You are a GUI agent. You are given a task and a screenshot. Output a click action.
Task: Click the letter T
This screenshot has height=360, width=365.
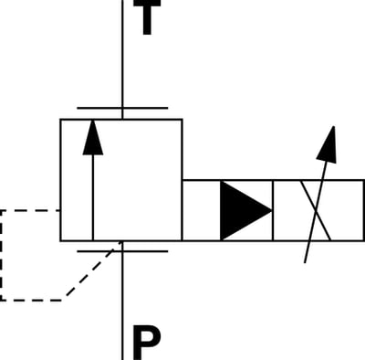pyautogui.click(x=147, y=16)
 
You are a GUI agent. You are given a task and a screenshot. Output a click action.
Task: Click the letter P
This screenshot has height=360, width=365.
pyautogui.click(x=147, y=343)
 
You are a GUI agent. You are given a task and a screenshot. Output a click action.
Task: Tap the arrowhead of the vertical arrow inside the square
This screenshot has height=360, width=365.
pyautogui.click(x=93, y=137)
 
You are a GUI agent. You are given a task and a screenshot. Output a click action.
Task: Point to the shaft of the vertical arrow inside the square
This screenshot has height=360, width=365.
pyautogui.click(x=93, y=197)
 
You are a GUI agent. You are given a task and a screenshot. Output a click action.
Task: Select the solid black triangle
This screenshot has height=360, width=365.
pyautogui.click(x=245, y=211)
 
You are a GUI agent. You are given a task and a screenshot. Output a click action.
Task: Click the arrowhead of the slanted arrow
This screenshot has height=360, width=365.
pyautogui.click(x=328, y=144)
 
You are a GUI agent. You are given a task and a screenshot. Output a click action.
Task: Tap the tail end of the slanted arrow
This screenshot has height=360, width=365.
pyautogui.click(x=305, y=262)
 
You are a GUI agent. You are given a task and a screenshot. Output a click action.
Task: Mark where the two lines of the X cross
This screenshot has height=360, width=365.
pyautogui.click(x=316, y=211)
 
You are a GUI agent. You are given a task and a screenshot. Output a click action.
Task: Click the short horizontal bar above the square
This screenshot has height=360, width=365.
pyautogui.click(x=122, y=108)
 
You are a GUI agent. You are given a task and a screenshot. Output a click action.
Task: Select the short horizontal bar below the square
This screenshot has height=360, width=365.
pyautogui.click(x=122, y=251)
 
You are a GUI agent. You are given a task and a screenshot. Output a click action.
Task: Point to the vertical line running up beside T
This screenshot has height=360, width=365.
pyautogui.click(x=122, y=59)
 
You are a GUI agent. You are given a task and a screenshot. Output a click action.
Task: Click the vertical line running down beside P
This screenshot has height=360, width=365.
pyautogui.click(x=122, y=301)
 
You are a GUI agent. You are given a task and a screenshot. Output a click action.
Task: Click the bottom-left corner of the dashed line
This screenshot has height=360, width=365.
pyautogui.click(x=1, y=301)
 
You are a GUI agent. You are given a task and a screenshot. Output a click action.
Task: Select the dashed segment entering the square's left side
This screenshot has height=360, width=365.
pyautogui.click(x=30, y=210)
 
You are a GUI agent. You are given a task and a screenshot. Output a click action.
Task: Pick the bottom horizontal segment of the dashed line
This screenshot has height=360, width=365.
pyautogui.click(x=33, y=301)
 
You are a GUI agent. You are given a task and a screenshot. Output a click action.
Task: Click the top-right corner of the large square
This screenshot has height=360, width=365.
pyautogui.click(x=182, y=120)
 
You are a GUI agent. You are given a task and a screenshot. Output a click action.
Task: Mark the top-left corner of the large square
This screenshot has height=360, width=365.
pyautogui.click(x=61, y=120)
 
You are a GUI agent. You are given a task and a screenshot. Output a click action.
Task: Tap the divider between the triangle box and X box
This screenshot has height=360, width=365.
pyautogui.click(x=273, y=210)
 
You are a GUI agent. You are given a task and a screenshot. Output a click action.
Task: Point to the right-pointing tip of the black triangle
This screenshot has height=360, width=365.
pyautogui.click(x=272, y=211)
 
